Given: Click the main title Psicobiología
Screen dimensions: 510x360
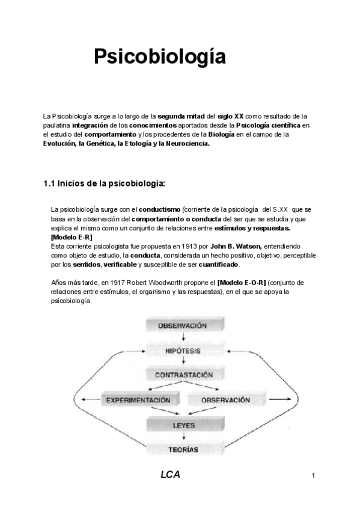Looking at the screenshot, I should click(159, 58).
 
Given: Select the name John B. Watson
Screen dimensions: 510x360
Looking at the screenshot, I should click(236, 247).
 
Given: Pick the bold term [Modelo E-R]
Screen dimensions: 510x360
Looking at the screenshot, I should click(72, 238).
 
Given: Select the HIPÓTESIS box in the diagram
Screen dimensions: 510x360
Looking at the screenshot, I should click(183, 350).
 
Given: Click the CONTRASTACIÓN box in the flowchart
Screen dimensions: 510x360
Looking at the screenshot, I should click(183, 375).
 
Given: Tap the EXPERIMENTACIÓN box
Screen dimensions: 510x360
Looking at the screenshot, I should click(138, 400).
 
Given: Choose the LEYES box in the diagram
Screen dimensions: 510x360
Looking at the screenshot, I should click(183, 425).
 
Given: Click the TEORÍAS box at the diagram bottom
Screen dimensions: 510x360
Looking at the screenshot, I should click(183, 448).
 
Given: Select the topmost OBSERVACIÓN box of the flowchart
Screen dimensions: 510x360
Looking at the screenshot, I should click(183, 325).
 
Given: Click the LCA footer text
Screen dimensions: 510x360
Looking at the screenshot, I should click(170, 475).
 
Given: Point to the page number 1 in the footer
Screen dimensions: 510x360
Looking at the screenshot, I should click(313, 476).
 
